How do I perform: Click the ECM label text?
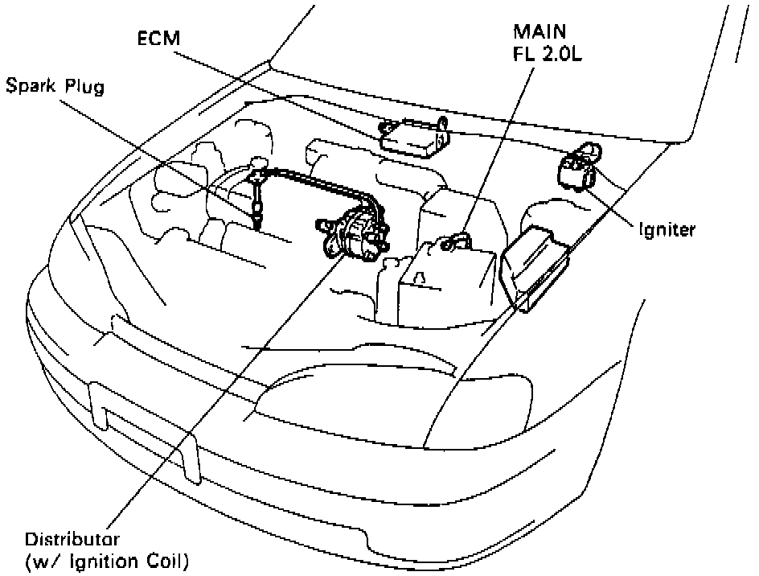(x=158, y=39)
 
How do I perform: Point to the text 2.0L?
(x=561, y=54)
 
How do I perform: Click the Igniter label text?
(x=667, y=229)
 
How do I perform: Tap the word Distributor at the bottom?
(x=72, y=539)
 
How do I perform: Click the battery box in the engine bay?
(x=446, y=285)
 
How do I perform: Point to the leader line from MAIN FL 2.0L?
(x=498, y=151)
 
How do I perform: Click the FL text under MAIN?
(x=524, y=54)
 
